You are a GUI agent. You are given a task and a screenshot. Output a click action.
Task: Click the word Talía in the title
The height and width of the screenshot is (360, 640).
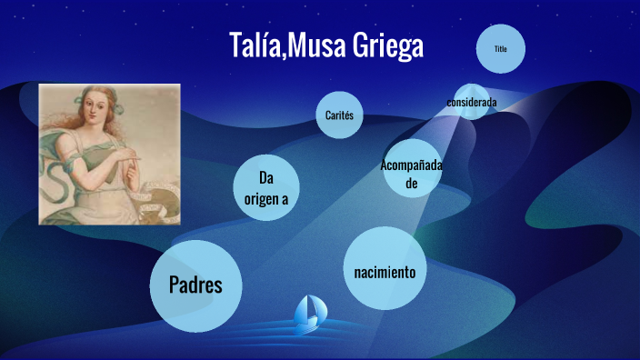coord(255,46)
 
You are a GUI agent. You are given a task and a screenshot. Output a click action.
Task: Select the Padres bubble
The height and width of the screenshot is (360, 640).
coord(195,285)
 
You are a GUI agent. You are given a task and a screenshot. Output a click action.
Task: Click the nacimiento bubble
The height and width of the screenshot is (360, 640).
coord(385,272)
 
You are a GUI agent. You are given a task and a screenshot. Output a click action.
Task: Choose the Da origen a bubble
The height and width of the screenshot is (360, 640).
coord(265,187)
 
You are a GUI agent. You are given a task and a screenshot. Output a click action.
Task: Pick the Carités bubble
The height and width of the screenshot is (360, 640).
coord(338,115)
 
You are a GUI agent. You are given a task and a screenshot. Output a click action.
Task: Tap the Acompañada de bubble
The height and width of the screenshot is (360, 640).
coord(410,172)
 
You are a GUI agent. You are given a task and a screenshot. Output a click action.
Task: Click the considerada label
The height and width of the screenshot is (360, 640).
coord(471,102)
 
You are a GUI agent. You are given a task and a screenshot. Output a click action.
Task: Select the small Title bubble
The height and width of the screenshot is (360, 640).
coord(500,48)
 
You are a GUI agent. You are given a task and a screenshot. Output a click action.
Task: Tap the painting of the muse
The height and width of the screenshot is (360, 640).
coord(109,153)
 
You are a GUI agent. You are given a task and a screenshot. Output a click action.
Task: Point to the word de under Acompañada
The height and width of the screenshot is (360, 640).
coord(411,182)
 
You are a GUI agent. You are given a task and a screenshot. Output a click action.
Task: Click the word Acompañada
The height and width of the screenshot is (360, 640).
coord(410,165)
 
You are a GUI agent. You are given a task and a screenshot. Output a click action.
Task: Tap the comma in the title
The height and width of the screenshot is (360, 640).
coord(284,56)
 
